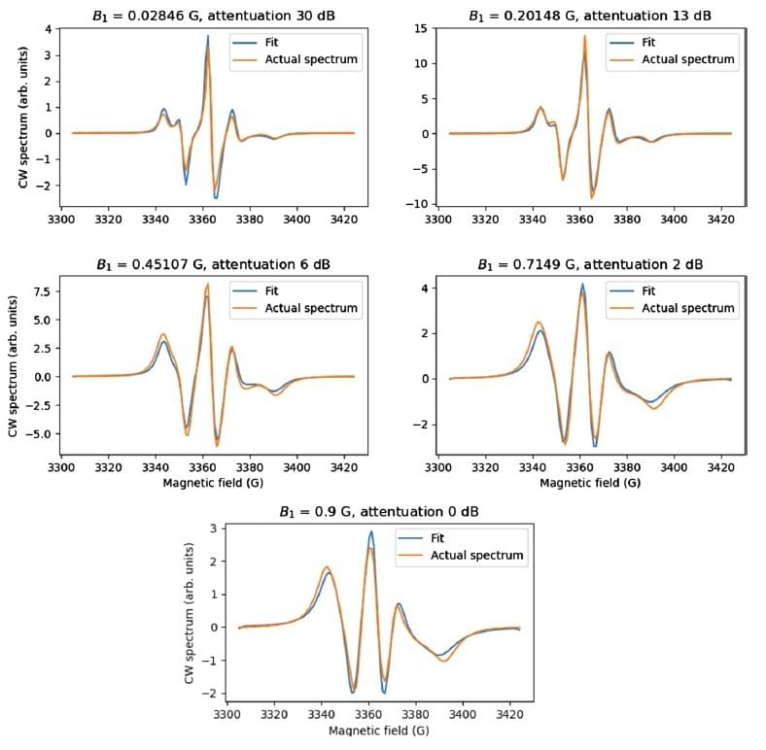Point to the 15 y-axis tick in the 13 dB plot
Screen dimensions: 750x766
click(x=424, y=28)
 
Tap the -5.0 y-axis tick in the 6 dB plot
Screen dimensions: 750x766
click(x=41, y=433)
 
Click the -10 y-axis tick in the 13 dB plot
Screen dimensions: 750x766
click(x=420, y=204)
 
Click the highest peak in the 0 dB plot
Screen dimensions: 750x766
click(x=370, y=532)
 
